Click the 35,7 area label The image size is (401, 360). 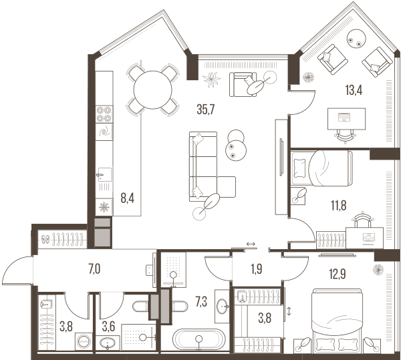[205, 110]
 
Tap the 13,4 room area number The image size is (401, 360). [354, 90]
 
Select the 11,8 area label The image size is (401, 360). [339, 206]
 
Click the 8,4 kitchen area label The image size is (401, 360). [128, 198]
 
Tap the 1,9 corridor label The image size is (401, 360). [257, 269]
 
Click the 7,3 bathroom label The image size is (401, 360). [201, 302]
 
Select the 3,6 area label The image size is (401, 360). [108, 327]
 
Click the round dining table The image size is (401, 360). [152, 90]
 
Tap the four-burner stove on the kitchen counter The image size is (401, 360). [104, 114]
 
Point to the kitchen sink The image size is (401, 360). [105, 175]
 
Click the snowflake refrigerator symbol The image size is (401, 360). [104, 206]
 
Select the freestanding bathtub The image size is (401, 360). [199, 339]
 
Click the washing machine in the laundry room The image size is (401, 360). [84, 341]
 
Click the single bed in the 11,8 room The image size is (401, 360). [321, 168]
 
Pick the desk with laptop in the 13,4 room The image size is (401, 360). [346, 118]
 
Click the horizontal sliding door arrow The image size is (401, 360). [251, 244]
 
